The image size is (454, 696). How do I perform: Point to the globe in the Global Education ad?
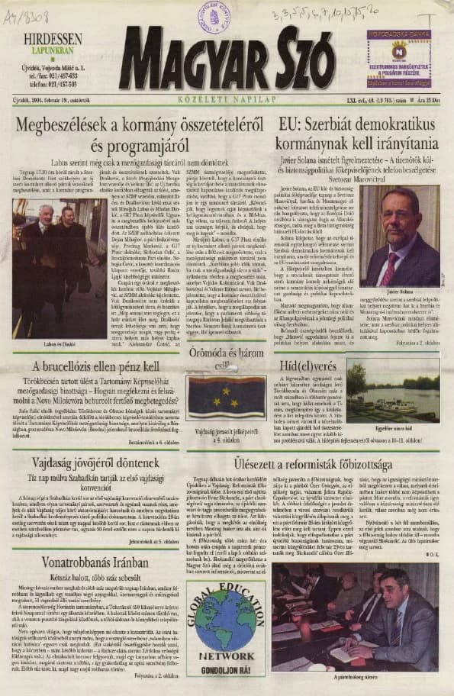[x=226, y=616]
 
